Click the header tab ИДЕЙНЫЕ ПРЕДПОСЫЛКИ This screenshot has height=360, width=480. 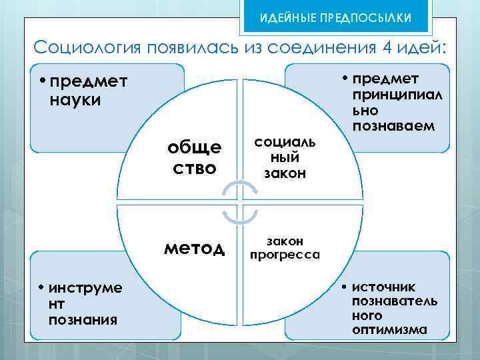[x=335, y=16]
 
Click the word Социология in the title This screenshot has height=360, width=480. [x=81, y=48]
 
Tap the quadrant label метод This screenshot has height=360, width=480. [x=195, y=249]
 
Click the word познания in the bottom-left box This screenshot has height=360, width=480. [x=83, y=320]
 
